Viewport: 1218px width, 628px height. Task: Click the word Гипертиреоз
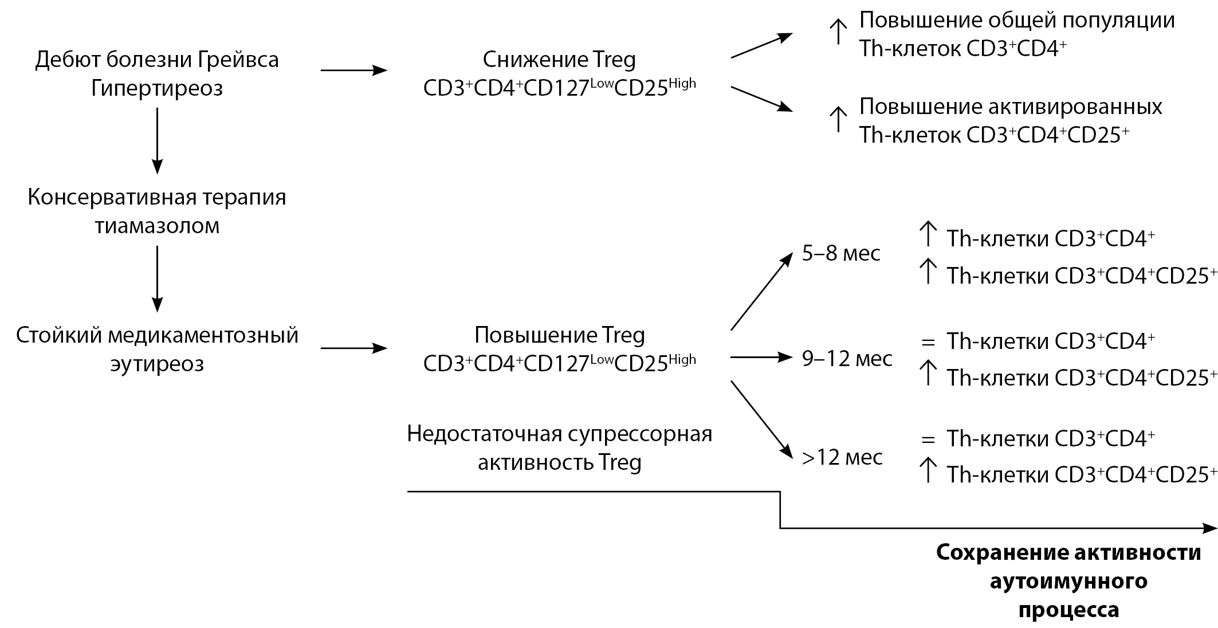click(156, 88)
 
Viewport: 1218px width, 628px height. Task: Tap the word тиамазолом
click(156, 226)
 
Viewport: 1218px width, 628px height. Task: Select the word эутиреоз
click(156, 364)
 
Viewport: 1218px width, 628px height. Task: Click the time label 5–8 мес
click(840, 253)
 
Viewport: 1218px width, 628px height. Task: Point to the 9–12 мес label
click(847, 359)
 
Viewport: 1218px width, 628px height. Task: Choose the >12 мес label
click(842, 457)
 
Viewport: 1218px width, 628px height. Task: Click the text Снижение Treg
click(559, 60)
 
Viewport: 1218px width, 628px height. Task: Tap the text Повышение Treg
click(559, 335)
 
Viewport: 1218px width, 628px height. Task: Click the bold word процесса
click(1068, 609)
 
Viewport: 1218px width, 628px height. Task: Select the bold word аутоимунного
click(1068, 581)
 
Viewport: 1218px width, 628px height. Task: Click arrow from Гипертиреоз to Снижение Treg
click(353, 70)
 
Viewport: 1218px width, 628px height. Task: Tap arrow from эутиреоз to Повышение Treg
click(353, 348)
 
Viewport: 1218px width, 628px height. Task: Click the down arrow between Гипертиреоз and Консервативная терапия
click(156, 140)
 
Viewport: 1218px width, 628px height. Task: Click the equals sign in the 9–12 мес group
click(928, 343)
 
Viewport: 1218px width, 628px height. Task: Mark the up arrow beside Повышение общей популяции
click(838, 32)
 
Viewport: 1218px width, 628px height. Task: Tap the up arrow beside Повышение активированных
click(838, 119)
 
